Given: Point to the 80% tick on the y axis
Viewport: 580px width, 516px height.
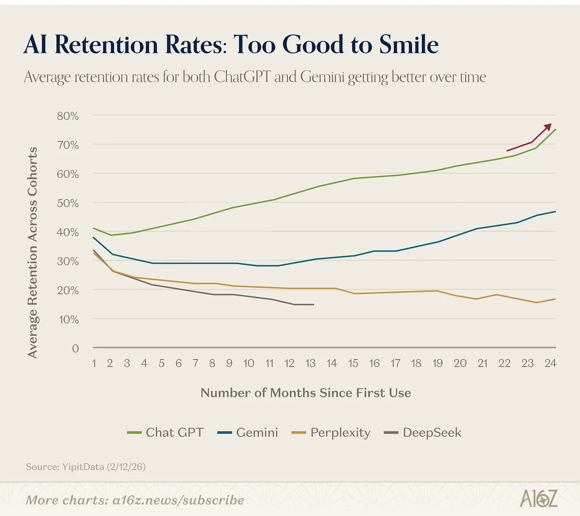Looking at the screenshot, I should click(x=68, y=115).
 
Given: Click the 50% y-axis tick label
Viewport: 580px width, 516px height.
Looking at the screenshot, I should click(x=68, y=202).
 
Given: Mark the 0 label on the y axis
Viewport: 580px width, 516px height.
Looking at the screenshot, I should click(x=75, y=348).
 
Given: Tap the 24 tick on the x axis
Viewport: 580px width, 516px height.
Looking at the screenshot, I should click(x=551, y=363).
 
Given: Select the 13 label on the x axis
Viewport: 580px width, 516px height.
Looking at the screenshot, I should click(x=312, y=363).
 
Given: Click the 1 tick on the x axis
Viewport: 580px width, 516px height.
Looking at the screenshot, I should click(x=94, y=363).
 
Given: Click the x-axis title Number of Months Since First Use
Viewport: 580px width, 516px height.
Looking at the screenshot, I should click(x=305, y=393).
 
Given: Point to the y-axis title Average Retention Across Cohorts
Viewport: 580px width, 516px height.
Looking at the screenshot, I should click(x=33, y=252).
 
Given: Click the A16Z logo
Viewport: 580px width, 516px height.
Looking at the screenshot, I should click(x=538, y=498).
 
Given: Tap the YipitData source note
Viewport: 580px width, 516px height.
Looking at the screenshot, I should click(x=85, y=467).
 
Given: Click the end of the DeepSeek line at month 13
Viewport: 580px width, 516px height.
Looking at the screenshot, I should click(x=313, y=304).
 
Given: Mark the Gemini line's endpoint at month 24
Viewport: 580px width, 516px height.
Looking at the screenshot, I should click(x=555, y=212).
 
